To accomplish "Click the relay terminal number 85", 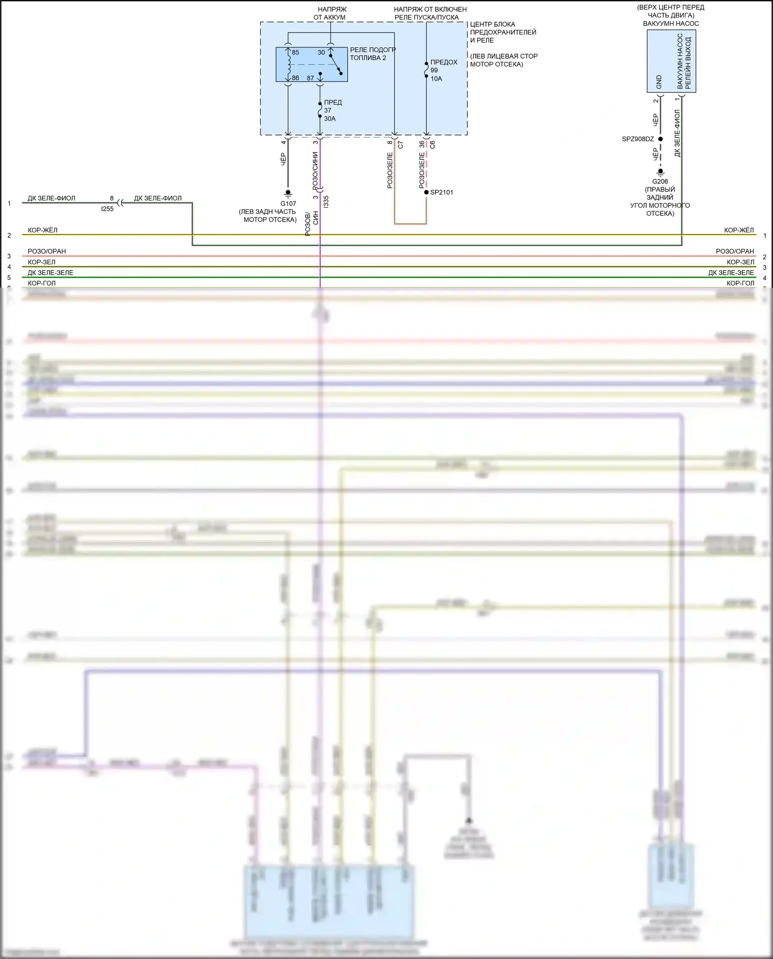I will tap(295, 53).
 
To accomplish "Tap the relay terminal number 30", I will tap(321, 53).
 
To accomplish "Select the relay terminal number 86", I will tap(295, 78).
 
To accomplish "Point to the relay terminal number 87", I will tap(310, 78).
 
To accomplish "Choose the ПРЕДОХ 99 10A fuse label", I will tap(443, 70).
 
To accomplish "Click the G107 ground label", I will tap(288, 204).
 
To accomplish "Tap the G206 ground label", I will tap(660, 181).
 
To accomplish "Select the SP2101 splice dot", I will tap(426, 192).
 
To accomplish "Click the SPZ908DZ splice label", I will tap(637, 139).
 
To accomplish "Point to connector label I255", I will tap(107, 209).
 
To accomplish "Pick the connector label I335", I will tap(326, 201).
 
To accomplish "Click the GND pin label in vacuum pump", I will tap(659, 81).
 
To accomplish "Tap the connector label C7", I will tap(400, 145).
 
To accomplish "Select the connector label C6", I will tap(432, 145).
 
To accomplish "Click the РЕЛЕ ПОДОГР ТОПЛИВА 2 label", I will tap(372, 54).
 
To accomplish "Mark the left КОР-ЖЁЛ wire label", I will tap(43, 230).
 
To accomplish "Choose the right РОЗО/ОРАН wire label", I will tap(735, 251).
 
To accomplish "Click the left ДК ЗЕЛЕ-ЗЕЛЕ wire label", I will tap(51, 273).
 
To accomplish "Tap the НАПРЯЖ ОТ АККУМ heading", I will tap(330, 13).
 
